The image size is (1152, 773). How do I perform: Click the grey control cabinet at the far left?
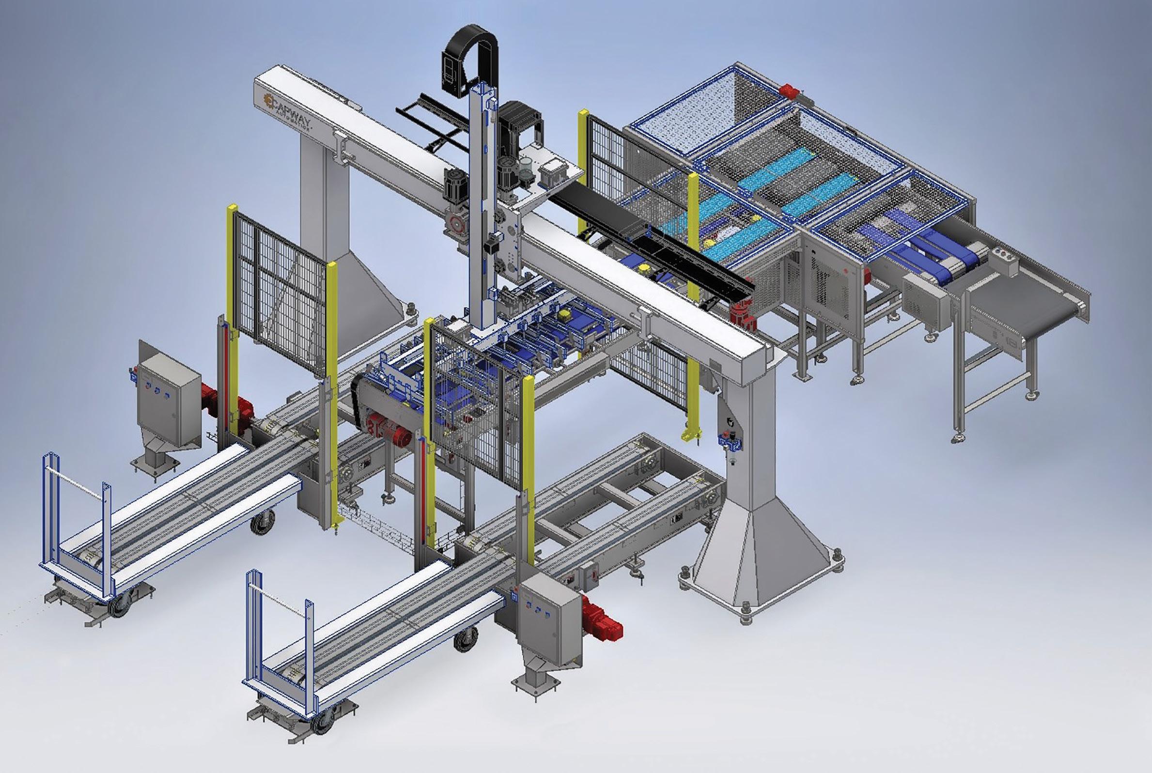[x=169, y=400]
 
